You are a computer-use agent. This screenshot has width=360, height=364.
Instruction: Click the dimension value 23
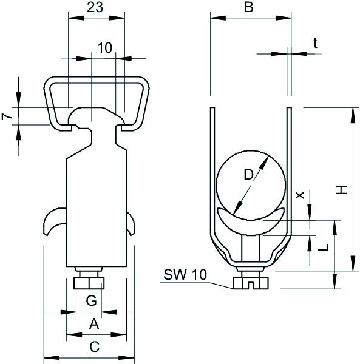click(x=95, y=8)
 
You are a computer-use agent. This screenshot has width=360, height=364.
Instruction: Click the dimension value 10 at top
click(x=105, y=48)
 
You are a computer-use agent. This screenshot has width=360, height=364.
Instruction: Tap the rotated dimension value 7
click(x=7, y=116)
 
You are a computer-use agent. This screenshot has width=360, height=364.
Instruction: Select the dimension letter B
click(x=249, y=7)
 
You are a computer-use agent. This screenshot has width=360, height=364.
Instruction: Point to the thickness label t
click(x=315, y=43)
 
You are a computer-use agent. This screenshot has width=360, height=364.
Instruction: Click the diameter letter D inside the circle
click(x=248, y=175)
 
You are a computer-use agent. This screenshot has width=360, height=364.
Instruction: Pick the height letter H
click(x=341, y=190)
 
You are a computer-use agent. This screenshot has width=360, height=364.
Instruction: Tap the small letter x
click(x=299, y=195)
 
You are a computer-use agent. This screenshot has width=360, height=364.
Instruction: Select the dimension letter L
click(x=324, y=248)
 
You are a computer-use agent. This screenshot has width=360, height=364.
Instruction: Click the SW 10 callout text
click(x=185, y=274)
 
